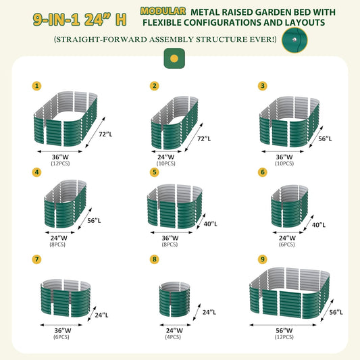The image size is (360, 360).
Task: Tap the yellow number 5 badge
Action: tap(154, 173)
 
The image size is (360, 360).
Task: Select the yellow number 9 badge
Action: tap(262, 259)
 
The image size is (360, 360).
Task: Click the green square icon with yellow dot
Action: tap(174, 59)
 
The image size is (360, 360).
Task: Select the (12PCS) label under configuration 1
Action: tap(60, 163)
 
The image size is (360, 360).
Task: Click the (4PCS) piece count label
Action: tap(174, 336)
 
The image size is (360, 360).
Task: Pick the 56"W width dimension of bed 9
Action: tap(285, 330)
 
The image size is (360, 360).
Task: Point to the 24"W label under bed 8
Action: tap(174, 330)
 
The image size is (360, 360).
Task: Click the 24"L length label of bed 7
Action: tap(101, 315)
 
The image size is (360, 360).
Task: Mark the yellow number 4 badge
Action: tap(36, 173)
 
